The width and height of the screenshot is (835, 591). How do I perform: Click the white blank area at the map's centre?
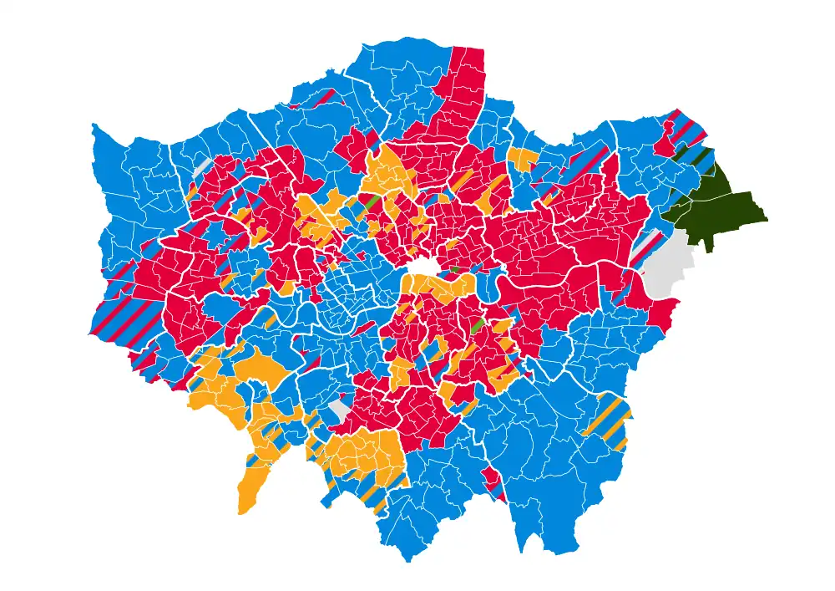pyautogui.click(x=423, y=267)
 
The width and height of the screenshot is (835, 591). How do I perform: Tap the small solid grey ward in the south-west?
pyautogui.click(x=339, y=410)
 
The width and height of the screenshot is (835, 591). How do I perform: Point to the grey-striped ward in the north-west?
pyautogui.click(x=201, y=166)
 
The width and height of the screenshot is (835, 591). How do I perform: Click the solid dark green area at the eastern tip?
pyautogui.click(x=718, y=209)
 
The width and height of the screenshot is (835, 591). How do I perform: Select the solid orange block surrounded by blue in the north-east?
pyautogui.click(x=523, y=159)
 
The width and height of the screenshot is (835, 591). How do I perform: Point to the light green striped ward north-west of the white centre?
pyautogui.click(x=370, y=202)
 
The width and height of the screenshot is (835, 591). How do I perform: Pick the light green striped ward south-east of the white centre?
pyautogui.click(x=478, y=325)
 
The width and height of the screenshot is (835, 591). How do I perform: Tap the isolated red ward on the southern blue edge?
pyautogui.click(x=493, y=482)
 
